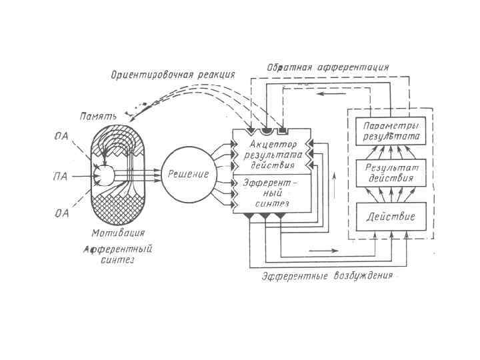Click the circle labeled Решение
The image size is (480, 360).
coord(189,174)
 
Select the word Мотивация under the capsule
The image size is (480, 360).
coord(118,233)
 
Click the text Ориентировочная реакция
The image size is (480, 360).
coord(172,75)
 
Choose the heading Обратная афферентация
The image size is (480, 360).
coord(327,67)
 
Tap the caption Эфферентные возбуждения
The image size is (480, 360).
coord(327,275)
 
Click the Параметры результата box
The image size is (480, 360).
coord(387,131)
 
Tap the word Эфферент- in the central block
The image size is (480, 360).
coord(267,181)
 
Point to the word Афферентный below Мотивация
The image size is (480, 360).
coord(118,249)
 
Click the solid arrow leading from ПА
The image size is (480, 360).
coord(81,177)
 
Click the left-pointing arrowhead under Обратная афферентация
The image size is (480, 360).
coord(321,94)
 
